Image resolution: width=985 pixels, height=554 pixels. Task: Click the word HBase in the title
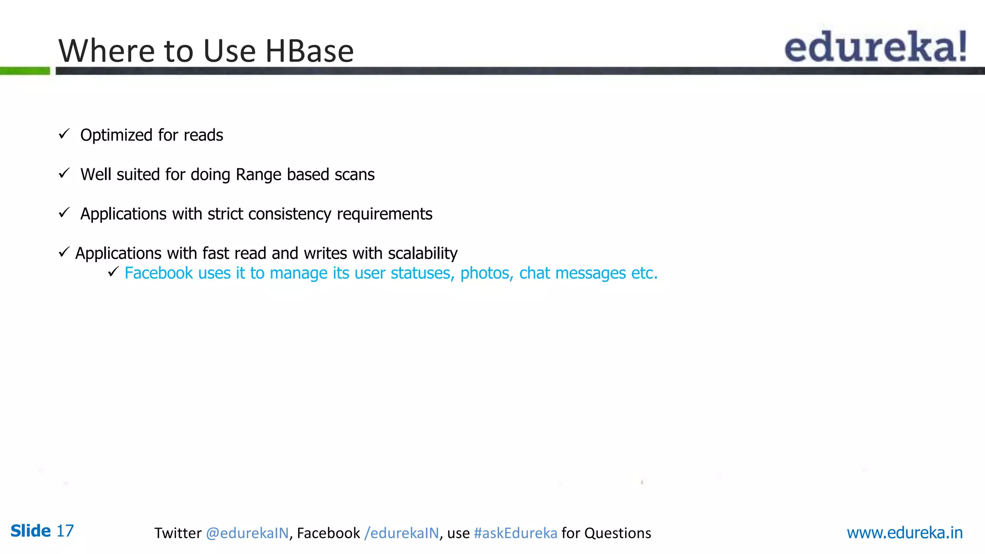(309, 50)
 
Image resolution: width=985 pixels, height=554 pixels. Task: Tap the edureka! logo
(875, 47)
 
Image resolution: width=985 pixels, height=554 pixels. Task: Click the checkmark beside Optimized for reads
(64, 134)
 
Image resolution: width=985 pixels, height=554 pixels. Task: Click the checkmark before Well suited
(64, 173)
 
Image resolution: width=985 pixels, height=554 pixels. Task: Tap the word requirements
(384, 214)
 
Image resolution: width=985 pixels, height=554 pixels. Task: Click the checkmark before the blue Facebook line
(113, 272)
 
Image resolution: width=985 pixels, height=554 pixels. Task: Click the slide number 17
(65, 531)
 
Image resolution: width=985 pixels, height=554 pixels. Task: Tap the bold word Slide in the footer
(30, 531)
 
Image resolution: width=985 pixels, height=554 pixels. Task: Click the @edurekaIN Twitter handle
(247, 533)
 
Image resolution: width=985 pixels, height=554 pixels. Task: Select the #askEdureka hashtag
(515, 533)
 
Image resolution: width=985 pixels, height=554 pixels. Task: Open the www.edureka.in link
(904, 532)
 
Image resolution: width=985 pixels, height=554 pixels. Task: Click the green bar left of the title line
(25, 71)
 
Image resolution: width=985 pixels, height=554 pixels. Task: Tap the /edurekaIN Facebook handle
(402, 533)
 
